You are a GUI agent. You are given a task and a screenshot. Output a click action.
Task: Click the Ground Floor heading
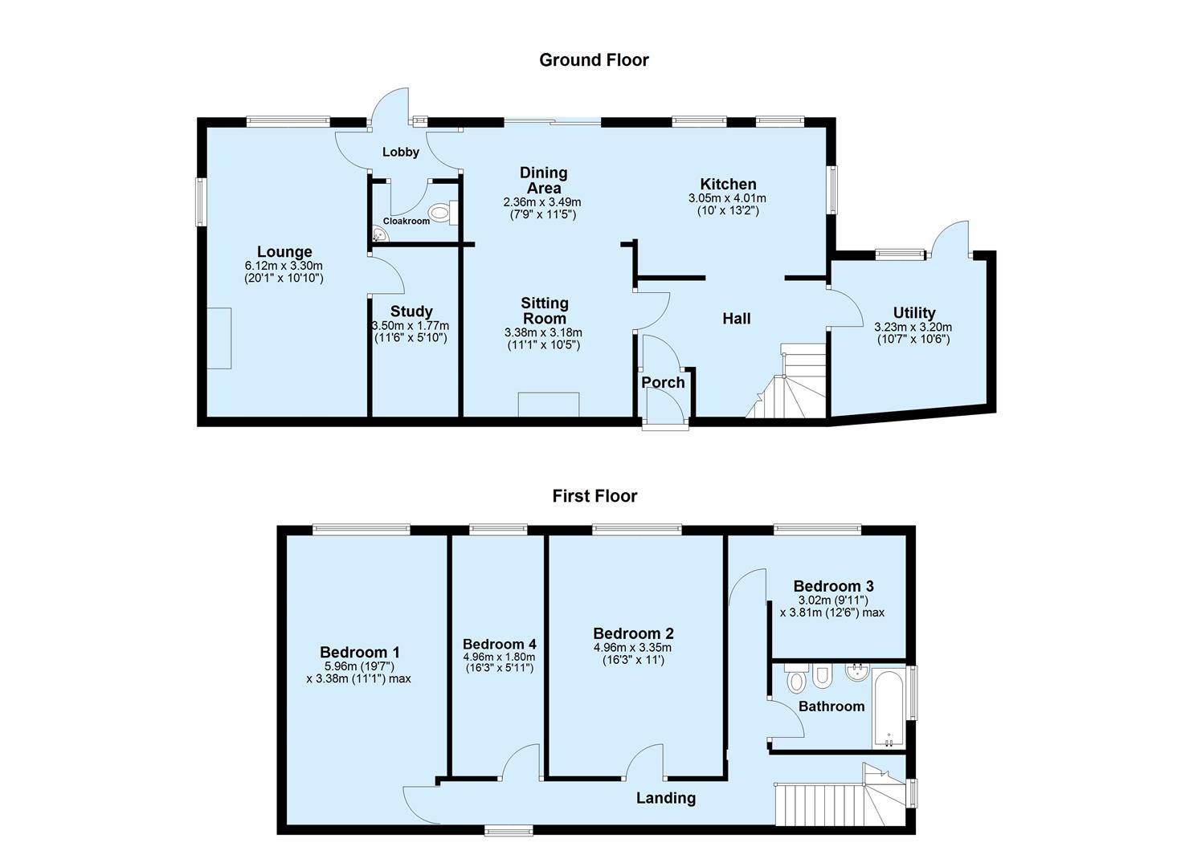(x=594, y=60)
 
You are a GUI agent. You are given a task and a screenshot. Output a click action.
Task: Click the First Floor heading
(x=594, y=496)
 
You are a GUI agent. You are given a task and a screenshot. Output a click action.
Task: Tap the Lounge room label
(x=284, y=252)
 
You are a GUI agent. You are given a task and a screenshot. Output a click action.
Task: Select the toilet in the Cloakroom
(x=439, y=213)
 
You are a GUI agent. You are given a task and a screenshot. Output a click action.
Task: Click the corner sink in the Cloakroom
(x=380, y=234)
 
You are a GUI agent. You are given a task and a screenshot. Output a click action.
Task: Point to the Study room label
(x=411, y=311)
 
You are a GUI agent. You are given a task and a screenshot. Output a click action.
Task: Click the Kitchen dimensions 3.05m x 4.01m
(x=727, y=198)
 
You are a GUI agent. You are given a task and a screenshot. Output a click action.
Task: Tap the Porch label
(x=663, y=383)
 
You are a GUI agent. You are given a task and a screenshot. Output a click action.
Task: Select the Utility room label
(x=914, y=313)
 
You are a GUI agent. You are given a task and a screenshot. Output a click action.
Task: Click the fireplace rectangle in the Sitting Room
(x=549, y=405)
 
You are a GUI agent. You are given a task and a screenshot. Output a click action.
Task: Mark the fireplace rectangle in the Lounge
(x=219, y=338)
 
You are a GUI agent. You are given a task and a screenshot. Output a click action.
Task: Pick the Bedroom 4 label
(x=499, y=644)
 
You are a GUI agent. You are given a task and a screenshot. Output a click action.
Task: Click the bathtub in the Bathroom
(x=888, y=706)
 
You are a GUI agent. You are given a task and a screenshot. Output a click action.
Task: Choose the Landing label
(x=665, y=798)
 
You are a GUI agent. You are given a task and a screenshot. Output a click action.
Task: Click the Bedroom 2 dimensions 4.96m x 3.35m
(x=632, y=648)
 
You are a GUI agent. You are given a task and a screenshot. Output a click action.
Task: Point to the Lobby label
(x=400, y=152)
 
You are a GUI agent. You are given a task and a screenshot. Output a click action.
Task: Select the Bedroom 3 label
(x=833, y=587)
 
